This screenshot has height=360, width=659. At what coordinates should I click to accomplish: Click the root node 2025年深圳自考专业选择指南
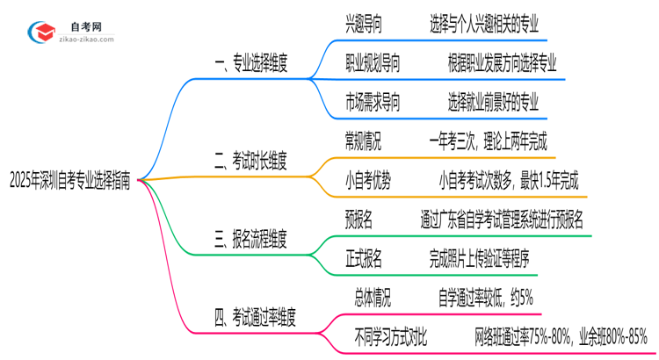pyautogui.click(x=71, y=181)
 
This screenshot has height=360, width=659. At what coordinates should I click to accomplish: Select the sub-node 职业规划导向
pyautogui.click(x=373, y=62)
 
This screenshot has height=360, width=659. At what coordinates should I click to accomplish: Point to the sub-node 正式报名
pyautogui.click(x=364, y=258)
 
